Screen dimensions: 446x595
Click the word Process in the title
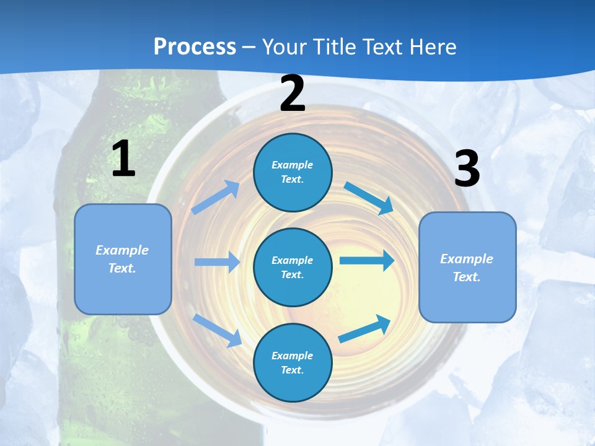[x=195, y=47]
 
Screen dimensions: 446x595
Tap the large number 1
[x=123, y=159]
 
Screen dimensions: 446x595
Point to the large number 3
[x=467, y=170]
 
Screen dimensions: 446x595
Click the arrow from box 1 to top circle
[x=215, y=198]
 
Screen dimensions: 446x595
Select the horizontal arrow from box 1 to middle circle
[x=217, y=262]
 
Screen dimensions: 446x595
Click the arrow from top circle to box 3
[x=369, y=198]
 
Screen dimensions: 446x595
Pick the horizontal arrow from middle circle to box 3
[x=367, y=260]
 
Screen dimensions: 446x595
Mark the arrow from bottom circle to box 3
[x=365, y=329]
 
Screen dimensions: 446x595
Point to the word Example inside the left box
[x=122, y=250]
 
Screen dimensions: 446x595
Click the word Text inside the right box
[x=466, y=277]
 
